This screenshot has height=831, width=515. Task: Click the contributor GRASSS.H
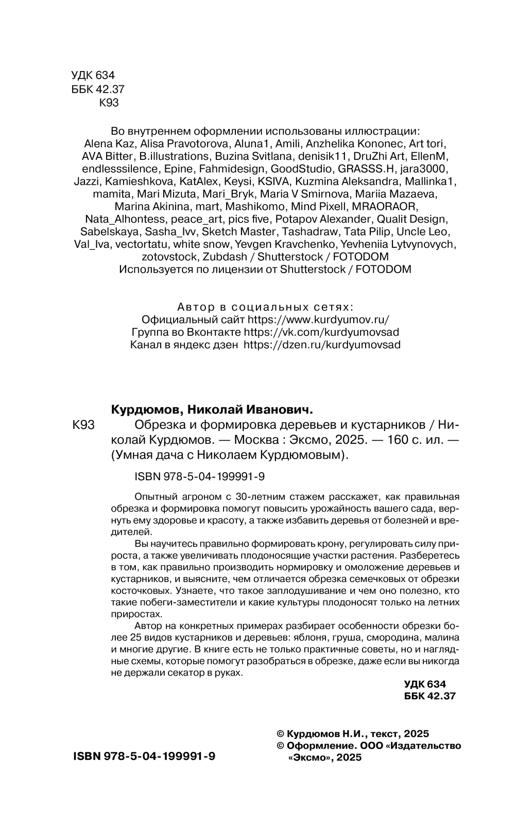point(367,169)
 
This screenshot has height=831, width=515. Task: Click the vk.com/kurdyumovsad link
point(321,332)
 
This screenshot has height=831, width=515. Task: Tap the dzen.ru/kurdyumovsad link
point(321,345)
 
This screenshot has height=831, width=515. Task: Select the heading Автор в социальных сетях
point(265,307)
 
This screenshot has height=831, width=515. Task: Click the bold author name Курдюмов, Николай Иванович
point(212,410)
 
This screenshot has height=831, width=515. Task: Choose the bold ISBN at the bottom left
point(145,756)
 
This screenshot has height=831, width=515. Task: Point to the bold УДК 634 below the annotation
point(425,684)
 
